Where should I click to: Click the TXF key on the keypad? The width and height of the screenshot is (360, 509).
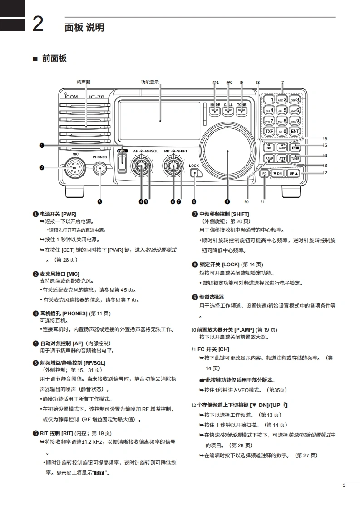(x=269, y=132)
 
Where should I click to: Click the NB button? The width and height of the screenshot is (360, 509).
(x=269, y=147)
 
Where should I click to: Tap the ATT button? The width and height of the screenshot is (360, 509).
(x=282, y=159)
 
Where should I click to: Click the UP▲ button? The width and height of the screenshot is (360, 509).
(x=294, y=173)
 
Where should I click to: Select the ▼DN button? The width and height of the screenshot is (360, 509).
(x=277, y=173)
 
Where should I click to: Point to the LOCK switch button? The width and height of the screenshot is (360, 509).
(x=194, y=174)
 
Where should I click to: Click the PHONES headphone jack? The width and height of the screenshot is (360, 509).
(x=99, y=169)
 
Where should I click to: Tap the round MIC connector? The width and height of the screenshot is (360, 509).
(x=73, y=168)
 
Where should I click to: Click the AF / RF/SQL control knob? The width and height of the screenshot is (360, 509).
(x=142, y=167)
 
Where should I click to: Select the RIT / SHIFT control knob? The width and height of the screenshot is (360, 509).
(x=173, y=167)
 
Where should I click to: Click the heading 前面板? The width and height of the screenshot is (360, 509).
(x=54, y=59)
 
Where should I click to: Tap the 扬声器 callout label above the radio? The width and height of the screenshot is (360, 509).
(x=84, y=83)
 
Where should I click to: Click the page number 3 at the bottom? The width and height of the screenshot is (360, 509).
(x=344, y=486)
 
